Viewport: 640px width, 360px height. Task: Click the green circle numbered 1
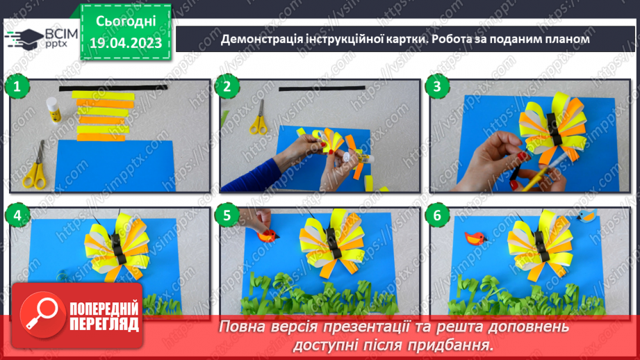click(x=17, y=87)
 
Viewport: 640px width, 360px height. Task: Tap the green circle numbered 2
click(x=227, y=87)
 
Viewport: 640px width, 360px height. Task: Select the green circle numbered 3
click(x=436, y=87)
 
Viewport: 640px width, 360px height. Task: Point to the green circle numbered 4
click(x=17, y=215)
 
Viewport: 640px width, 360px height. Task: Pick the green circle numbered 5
click(x=227, y=215)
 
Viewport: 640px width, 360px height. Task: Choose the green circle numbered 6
click(x=436, y=215)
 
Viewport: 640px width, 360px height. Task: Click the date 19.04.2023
click(x=126, y=43)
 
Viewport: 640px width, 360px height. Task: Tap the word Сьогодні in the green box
click(x=126, y=22)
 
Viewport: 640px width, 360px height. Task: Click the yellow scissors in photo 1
click(x=35, y=166)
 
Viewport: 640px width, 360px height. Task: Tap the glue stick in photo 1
click(x=54, y=110)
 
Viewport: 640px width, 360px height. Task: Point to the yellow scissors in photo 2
click(x=259, y=118)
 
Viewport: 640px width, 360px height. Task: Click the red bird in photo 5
click(x=268, y=236)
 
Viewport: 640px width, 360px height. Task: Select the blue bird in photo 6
click(x=587, y=215)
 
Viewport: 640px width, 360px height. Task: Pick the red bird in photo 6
click(x=475, y=238)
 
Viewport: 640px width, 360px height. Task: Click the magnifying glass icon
click(x=42, y=315)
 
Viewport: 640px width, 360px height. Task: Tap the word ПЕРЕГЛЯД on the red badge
click(x=104, y=325)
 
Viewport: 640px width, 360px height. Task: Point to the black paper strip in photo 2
click(x=322, y=88)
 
